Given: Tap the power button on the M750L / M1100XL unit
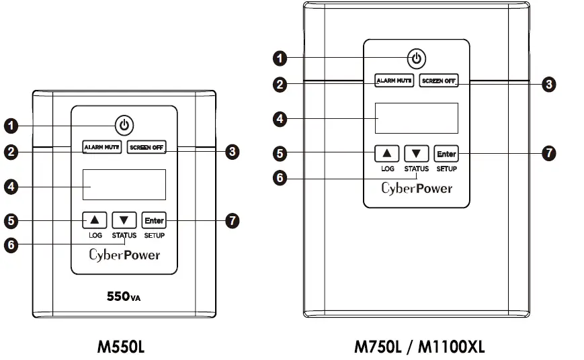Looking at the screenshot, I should (417, 58).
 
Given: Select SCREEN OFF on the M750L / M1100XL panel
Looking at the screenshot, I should (439, 81).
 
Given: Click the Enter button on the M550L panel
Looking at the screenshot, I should (154, 220).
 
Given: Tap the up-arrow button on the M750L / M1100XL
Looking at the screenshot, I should (388, 153).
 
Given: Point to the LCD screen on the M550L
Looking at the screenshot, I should (124, 184).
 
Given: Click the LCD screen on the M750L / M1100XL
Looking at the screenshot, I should (417, 118).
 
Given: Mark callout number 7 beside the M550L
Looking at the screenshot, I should (233, 220).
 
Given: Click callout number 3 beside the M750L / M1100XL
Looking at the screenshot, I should (549, 84).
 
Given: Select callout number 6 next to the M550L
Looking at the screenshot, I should (11, 245).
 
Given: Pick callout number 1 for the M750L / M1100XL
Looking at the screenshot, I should (280, 58).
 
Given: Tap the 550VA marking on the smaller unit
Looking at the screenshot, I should (124, 295).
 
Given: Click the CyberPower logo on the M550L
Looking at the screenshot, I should (124, 255).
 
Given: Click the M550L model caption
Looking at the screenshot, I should (121, 347).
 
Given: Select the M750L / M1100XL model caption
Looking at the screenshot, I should (419, 347).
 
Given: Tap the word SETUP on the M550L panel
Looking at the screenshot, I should (154, 236).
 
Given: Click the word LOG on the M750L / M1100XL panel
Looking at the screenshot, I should (388, 169).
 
